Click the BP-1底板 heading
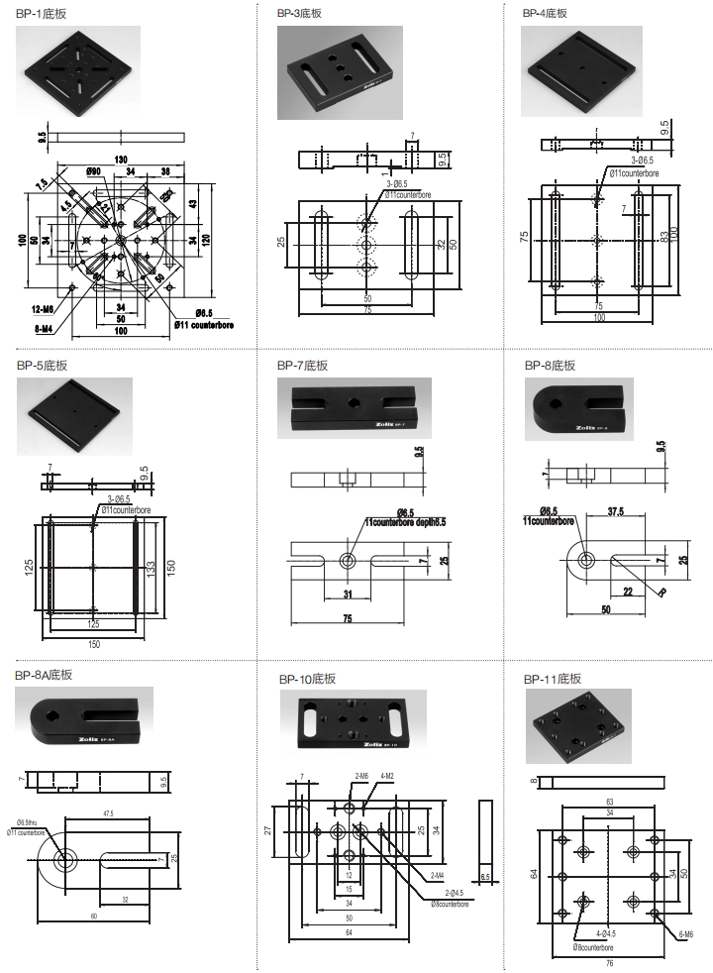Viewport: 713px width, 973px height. tap(42, 13)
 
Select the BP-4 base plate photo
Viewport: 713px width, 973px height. tap(583, 68)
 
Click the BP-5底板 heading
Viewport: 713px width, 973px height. tap(42, 365)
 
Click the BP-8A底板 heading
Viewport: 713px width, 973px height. tap(45, 676)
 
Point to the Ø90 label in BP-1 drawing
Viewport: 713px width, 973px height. tap(94, 172)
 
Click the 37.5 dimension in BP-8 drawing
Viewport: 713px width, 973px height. tap(614, 513)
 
